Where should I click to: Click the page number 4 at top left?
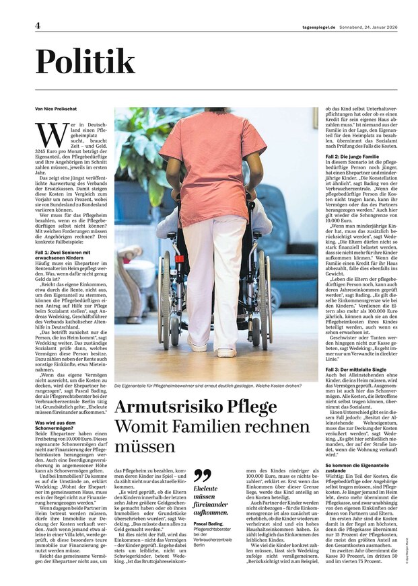[x=38, y=26]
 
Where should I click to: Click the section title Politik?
[x=85, y=62]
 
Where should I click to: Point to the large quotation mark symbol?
[x=202, y=476]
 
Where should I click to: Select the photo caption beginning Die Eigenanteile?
[x=215, y=385]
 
